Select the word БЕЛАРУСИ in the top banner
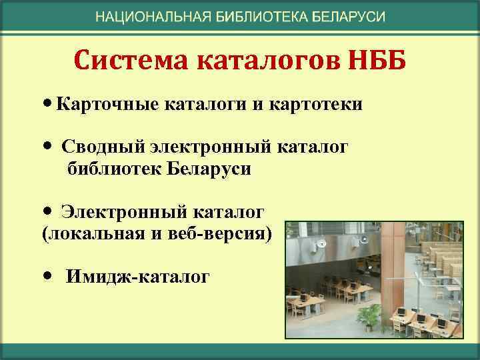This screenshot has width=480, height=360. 349,17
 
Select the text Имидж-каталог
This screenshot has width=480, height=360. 137,275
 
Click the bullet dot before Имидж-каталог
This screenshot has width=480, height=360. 46,275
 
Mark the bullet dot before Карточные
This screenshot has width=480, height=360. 46,105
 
